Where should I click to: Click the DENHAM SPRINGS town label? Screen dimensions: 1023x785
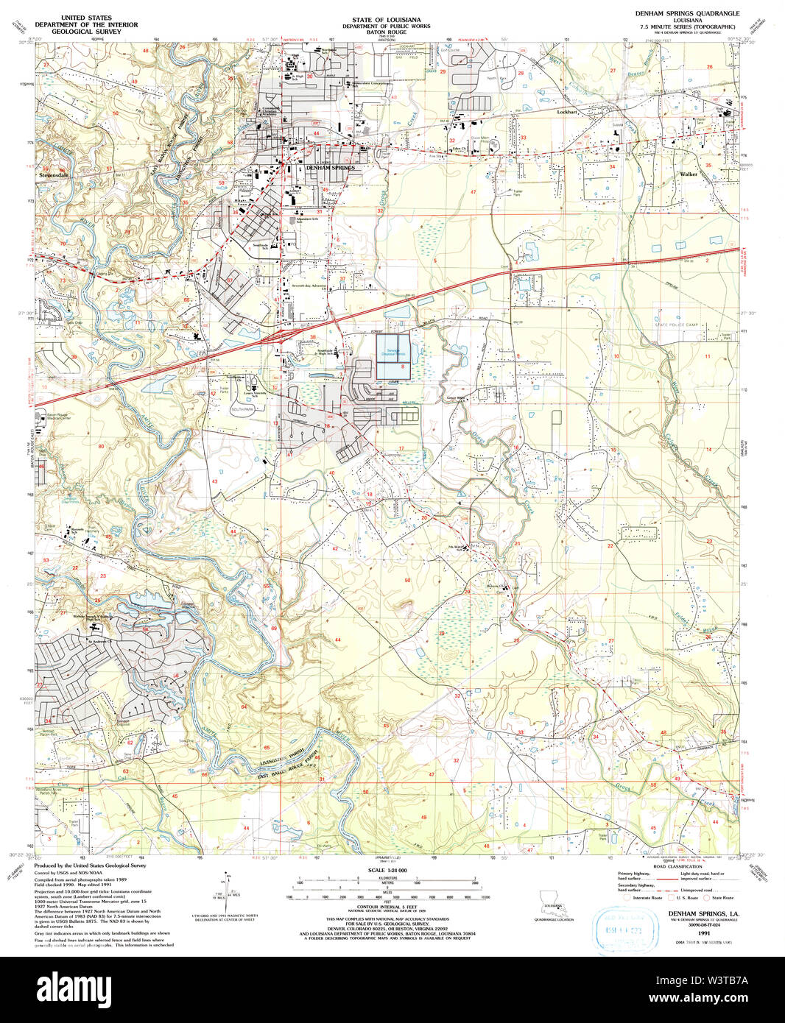tap(330, 168)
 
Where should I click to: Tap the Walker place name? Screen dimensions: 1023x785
tap(689, 174)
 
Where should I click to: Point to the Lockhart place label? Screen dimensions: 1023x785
tap(567, 112)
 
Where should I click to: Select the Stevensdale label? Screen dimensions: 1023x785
tap(54, 176)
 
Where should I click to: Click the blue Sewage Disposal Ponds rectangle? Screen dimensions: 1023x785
tap(392, 356)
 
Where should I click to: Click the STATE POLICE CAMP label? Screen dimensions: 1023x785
tap(677, 325)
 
